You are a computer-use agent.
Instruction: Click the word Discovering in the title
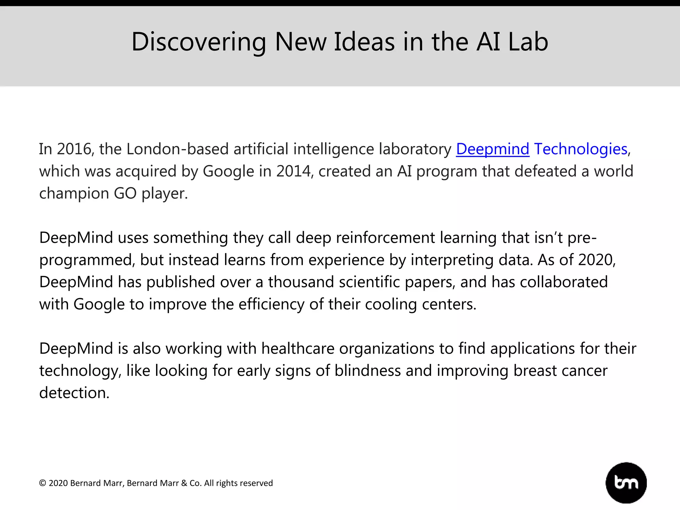199,42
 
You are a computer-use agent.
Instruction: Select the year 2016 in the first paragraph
74,149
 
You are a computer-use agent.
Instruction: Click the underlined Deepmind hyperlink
492,149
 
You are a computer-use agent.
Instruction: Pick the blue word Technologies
581,149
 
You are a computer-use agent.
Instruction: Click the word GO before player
125,193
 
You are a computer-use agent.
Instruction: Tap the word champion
74,193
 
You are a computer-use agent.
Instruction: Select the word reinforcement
385,238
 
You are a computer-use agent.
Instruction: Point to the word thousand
301,282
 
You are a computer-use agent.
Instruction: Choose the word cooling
391,304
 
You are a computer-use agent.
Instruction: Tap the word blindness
368,371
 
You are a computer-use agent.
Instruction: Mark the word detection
74,393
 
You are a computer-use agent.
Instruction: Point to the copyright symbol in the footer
42,483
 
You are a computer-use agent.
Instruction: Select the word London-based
178,149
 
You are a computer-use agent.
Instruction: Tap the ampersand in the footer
184,483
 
